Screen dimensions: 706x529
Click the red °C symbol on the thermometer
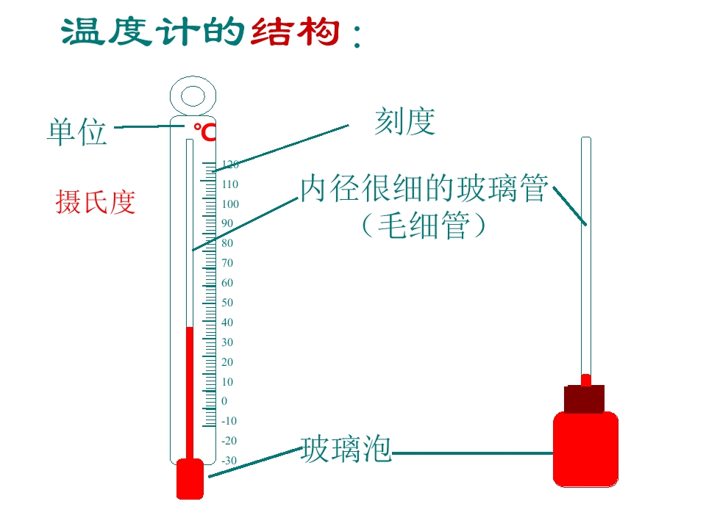pos(205,132)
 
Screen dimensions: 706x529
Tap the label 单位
pos(77,132)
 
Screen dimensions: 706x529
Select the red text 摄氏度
pos(96,202)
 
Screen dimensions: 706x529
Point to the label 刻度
pos(404,121)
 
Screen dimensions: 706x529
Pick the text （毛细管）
pos(424,225)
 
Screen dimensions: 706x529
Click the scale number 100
pos(230,204)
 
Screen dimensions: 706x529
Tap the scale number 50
pos(227,302)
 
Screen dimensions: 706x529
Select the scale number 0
pos(224,401)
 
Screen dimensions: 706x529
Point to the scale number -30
pos(229,460)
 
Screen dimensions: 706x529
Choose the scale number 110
pos(230,184)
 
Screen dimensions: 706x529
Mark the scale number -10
pos(229,420)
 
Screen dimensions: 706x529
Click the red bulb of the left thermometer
pos(190,479)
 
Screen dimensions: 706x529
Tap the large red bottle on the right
pos(585,449)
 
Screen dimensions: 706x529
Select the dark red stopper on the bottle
pos(585,399)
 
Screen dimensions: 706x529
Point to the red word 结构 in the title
pos(295,32)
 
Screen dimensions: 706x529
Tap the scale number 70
pos(227,263)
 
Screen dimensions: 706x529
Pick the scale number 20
pos(227,361)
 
